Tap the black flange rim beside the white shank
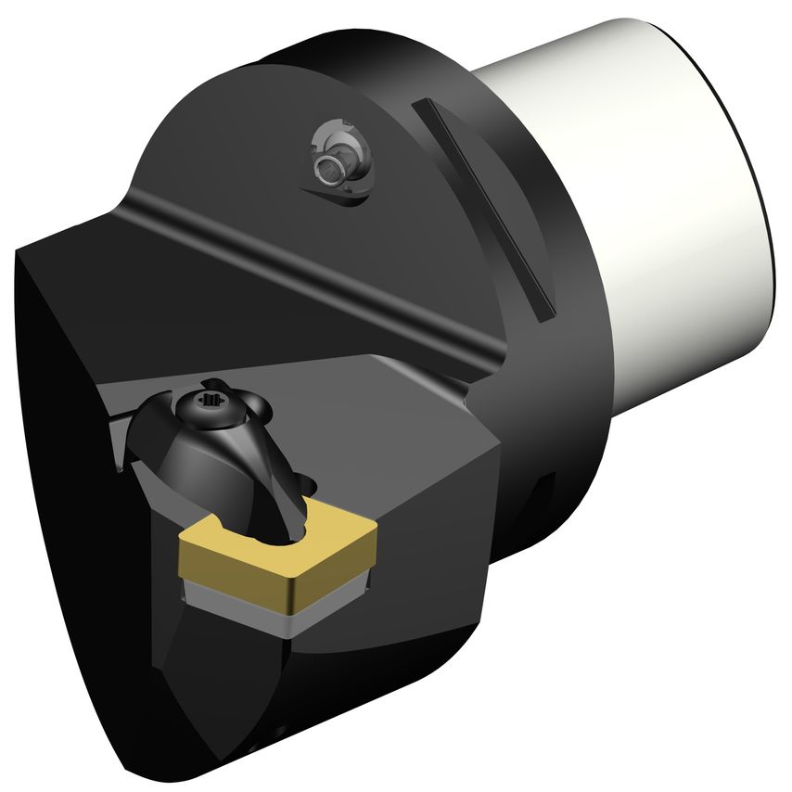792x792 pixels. pyautogui.click(x=575, y=371)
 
